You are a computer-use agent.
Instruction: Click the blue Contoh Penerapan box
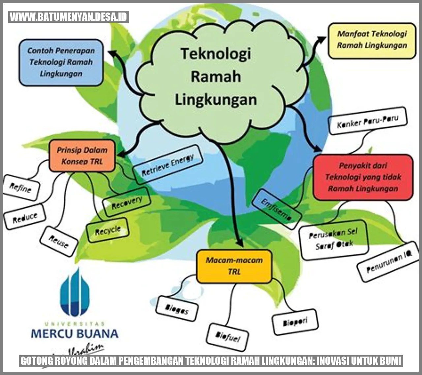(x=61, y=62)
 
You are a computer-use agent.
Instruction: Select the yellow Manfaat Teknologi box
(x=372, y=40)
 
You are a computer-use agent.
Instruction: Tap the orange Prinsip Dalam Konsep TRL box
(x=82, y=156)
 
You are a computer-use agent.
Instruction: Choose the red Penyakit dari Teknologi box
(x=363, y=177)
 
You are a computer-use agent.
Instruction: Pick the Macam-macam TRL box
(x=234, y=266)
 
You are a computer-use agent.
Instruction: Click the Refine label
(x=21, y=188)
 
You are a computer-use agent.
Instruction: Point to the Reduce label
(x=25, y=217)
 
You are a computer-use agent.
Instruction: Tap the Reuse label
(x=59, y=242)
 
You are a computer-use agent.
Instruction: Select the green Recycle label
(x=107, y=230)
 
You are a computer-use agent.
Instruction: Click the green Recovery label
(x=127, y=202)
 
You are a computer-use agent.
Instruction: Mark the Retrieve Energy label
(x=167, y=165)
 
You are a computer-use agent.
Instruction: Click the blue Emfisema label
(x=276, y=210)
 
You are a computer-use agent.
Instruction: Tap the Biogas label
(x=177, y=309)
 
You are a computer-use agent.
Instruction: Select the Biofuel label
(x=227, y=336)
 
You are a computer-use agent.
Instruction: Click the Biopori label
(x=295, y=322)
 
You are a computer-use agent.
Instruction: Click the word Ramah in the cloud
(x=216, y=76)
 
